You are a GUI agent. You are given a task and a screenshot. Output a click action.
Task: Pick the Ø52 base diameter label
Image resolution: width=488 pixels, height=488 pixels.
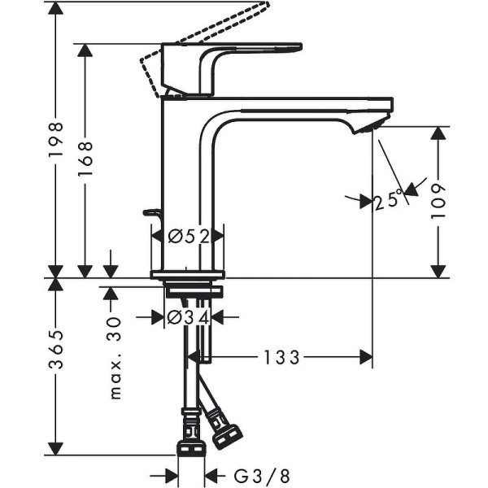coord(188,237)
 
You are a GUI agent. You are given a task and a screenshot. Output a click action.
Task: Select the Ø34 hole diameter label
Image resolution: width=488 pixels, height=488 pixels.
coord(188,317)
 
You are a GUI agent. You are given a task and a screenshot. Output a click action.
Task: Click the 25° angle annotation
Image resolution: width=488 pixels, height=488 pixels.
coord(389,200)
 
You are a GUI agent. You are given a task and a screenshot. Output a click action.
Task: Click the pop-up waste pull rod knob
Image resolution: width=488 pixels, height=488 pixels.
coord(150,213)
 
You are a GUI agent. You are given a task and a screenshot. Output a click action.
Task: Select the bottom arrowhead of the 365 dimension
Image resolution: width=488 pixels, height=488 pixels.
coord(55,448)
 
